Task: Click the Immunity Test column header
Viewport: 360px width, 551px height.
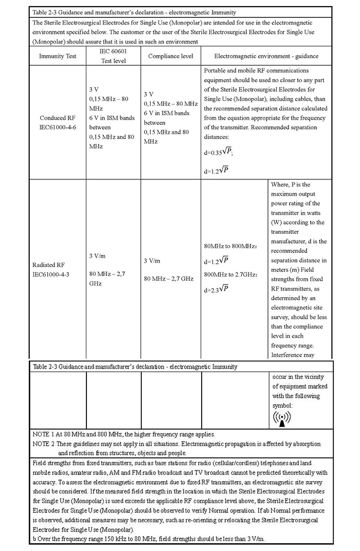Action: coord(58,56)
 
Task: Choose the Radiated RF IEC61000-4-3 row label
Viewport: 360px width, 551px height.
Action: coord(50,269)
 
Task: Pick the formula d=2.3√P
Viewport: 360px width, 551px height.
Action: coord(216,289)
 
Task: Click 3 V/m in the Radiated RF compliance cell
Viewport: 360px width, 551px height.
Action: coord(153,261)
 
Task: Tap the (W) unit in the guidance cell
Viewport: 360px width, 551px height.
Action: coord(277,222)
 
